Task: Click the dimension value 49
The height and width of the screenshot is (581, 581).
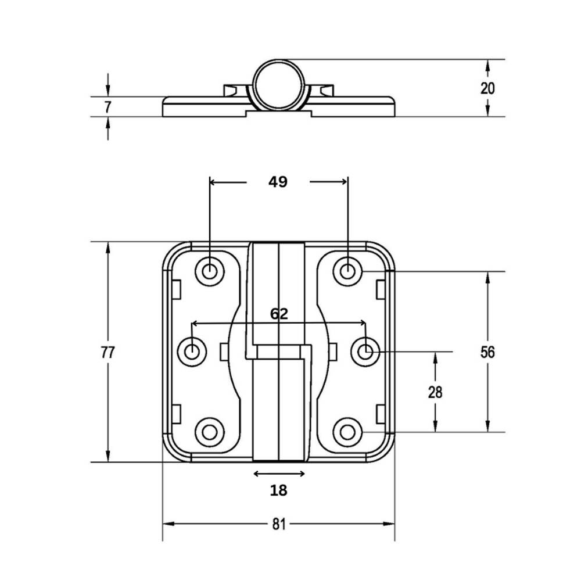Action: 278,182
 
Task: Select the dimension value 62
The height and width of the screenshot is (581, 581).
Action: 279,314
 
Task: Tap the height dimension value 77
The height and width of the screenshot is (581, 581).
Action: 107,352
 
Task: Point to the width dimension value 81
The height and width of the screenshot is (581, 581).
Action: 279,524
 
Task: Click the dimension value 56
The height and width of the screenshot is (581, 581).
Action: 487,352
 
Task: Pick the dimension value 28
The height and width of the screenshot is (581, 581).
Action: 435,392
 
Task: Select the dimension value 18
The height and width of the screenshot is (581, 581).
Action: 279,490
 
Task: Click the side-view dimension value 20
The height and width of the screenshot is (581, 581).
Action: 487,88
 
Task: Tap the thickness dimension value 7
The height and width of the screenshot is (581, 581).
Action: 107,106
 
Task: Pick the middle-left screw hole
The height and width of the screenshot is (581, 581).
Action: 192,351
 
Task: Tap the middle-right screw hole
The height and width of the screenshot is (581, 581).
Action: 365,351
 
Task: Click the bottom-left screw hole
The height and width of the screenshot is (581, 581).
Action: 210,432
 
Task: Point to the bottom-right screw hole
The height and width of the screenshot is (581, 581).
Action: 347,432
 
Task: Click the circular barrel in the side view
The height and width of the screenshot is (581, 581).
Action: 279,85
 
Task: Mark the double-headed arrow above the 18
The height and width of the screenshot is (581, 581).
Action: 279,474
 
